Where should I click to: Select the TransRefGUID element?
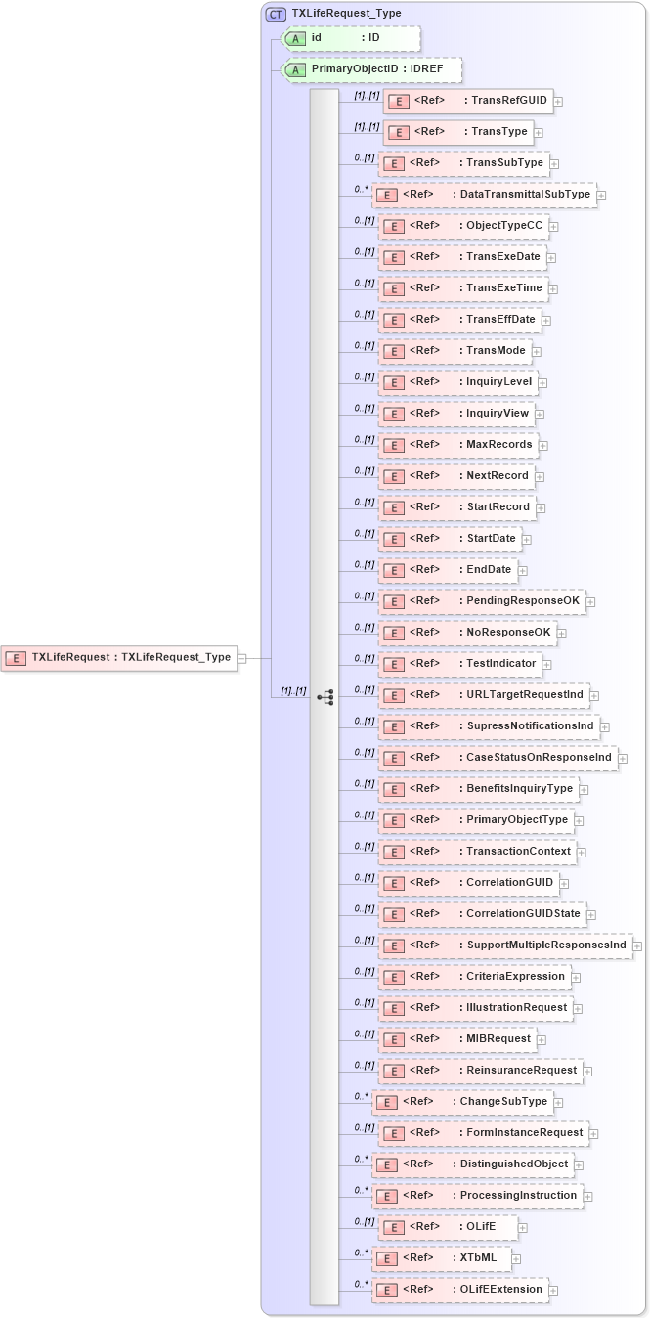coord(468,101)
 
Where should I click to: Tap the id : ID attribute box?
coord(351,38)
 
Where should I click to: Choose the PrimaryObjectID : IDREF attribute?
coord(372,69)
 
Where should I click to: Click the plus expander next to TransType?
coord(539,132)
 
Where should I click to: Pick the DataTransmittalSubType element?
coord(485,195)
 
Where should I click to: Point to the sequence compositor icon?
coord(325,697)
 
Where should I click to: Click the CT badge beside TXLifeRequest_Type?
coord(277,15)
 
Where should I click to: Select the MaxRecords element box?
coord(458,445)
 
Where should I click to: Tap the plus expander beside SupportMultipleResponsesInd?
coord(637,945)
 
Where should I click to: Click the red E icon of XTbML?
coord(387,1259)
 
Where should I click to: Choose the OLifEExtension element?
coord(460,1290)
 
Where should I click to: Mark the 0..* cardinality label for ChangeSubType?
coord(362,1097)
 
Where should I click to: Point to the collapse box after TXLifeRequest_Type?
coord(241,658)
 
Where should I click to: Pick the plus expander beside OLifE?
coord(523,1227)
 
